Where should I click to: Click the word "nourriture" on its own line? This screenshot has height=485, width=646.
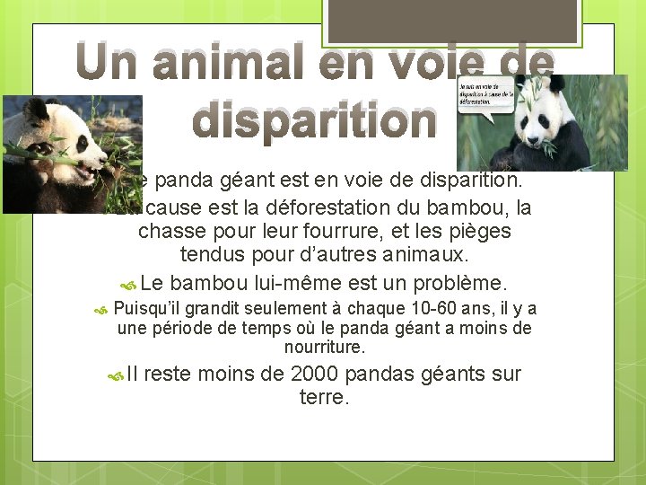pyautogui.click(x=324, y=346)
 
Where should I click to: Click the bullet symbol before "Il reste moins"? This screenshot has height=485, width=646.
pyautogui.click(x=116, y=376)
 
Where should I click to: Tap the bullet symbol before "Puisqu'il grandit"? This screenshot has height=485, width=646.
pyautogui.click(x=100, y=311)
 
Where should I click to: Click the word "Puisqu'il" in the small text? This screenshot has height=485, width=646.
pyautogui.click(x=147, y=310)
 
